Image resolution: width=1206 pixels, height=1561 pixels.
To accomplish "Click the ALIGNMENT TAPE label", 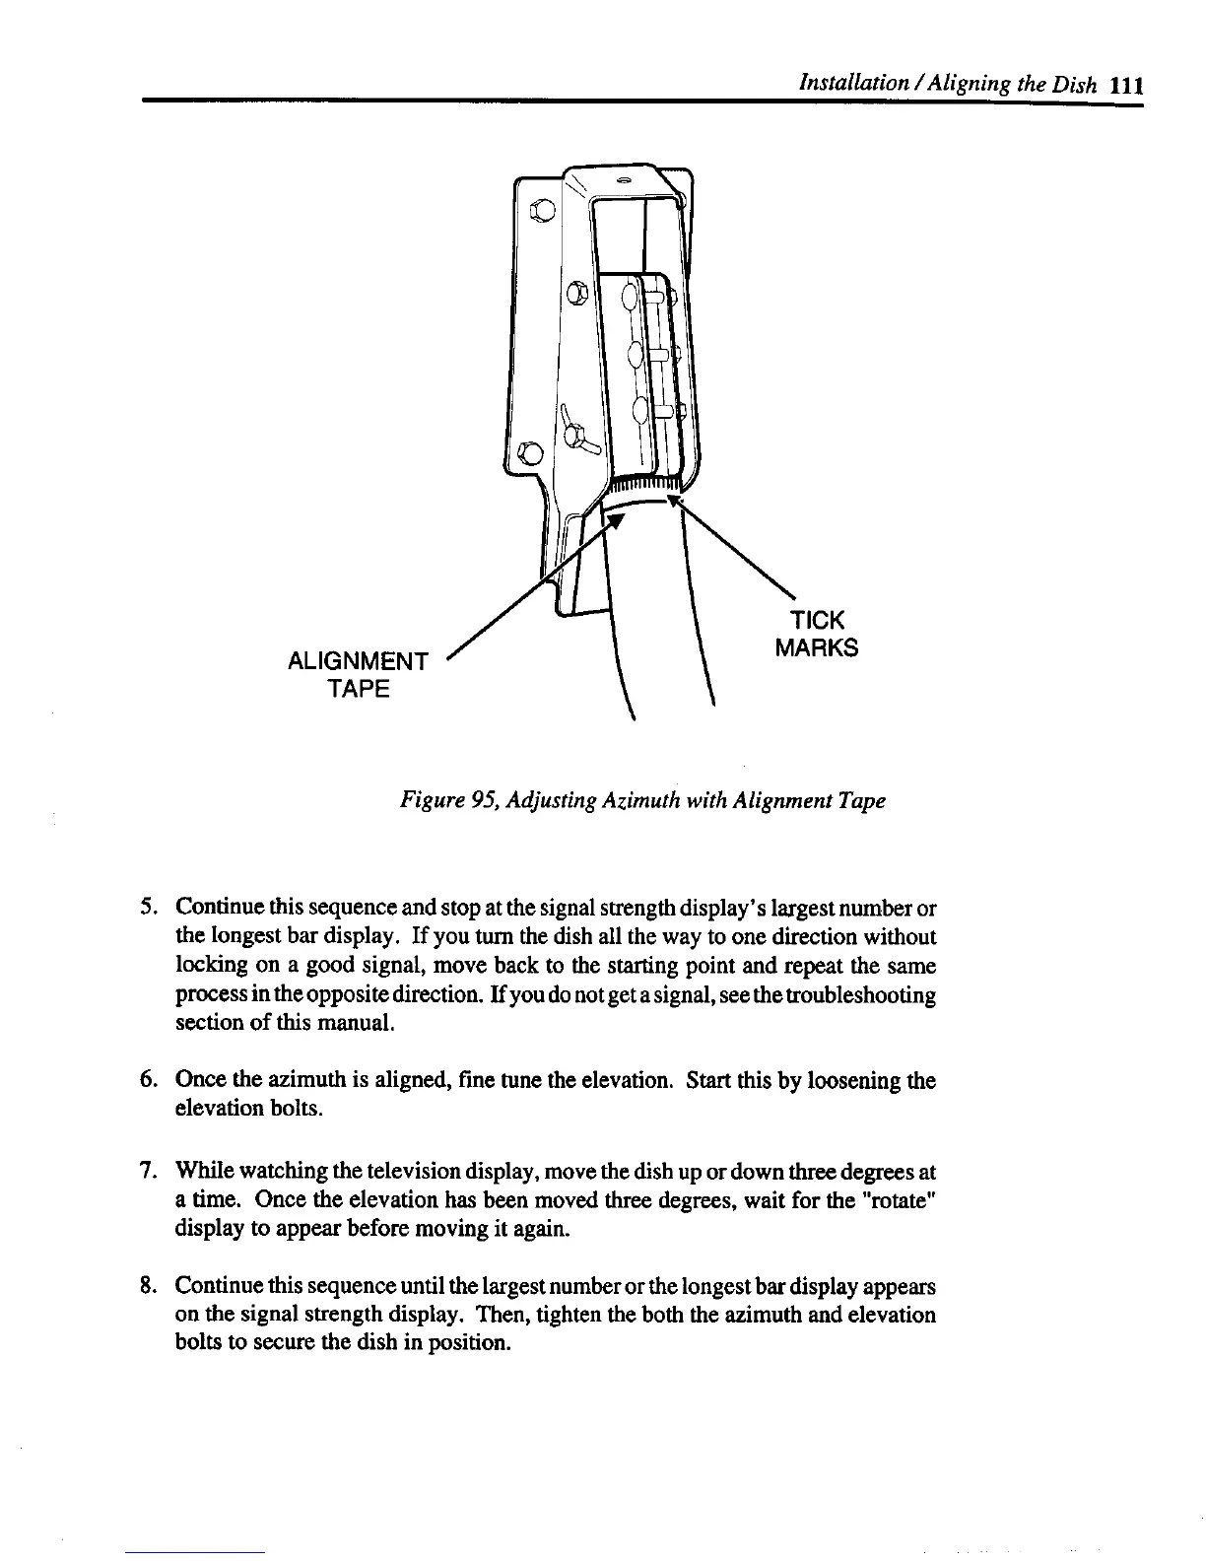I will coord(357,674).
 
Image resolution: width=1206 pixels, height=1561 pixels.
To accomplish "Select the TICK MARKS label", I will coord(816,634).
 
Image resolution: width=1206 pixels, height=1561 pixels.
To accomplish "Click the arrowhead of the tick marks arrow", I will coord(673,501).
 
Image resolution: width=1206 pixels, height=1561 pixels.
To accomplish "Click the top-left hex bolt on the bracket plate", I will coord(541,209).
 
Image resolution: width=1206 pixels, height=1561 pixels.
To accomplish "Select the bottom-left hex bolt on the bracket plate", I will coord(529,452).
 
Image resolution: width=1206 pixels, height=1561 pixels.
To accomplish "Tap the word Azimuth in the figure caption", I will coord(617,800).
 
